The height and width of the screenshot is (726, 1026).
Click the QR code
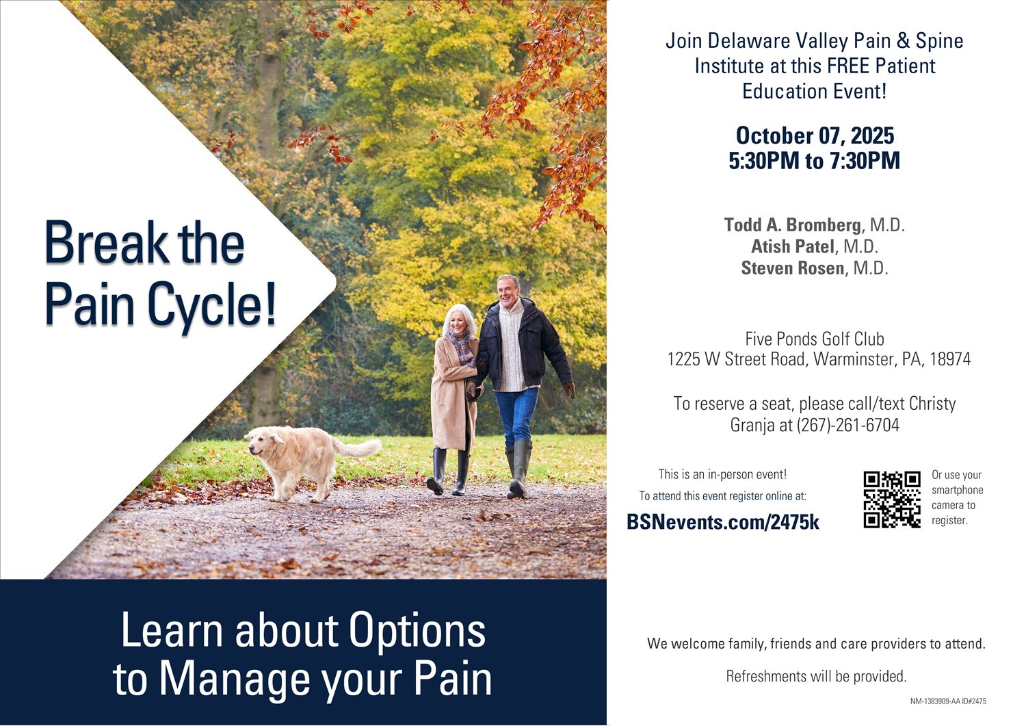pyautogui.click(x=892, y=500)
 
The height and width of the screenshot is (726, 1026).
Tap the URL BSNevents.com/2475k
pyautogui.click(x=722, y=522)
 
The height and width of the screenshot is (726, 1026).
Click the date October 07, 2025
pyautogui.click(x=815, y=135)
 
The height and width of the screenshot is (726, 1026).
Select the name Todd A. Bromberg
pyautogui.click(x=792, y=224)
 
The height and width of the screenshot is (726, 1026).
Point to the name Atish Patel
pyautogui.click(x=792, y=246)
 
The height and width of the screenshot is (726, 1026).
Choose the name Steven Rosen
pyautogui.click(x=792, y=268)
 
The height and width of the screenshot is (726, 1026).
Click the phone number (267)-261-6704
pyautogui.click(x=848, y=425)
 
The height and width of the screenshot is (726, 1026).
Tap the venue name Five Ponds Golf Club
pyautogui.click(x=815, y=339)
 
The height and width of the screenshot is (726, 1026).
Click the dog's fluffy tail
pyautogui.click(x=358, y=447)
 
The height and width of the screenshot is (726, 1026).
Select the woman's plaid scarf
pyautogui.click(x=462, y=346)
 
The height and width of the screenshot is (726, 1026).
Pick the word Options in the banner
pyautogui.click(x=417, y=631)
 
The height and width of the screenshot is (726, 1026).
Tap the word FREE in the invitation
pyautogui.click(x=848, y=66)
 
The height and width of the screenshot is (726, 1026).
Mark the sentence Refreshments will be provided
pyautogui.click(x=816, y=677)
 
